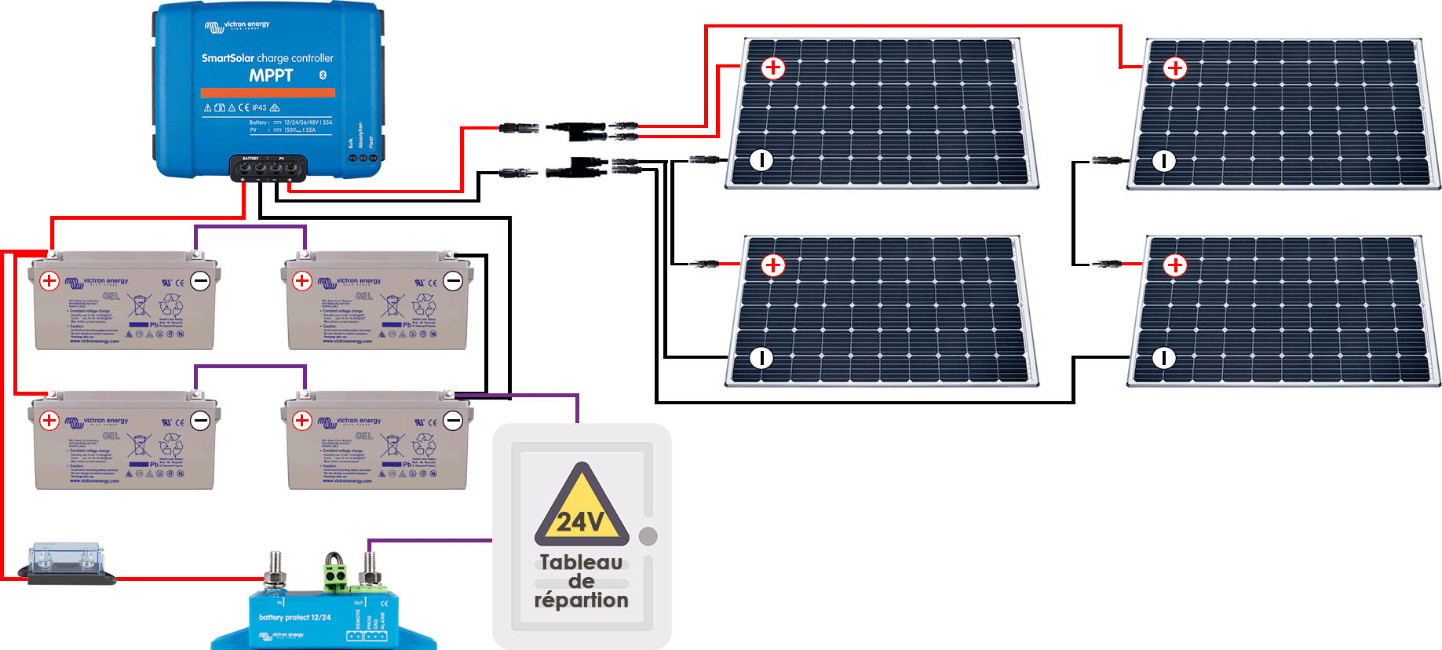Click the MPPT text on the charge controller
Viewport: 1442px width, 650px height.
tap(271, 75)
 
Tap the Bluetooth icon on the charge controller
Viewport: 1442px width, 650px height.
tap(323, 75)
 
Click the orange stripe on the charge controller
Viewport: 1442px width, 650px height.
tap(268, 93)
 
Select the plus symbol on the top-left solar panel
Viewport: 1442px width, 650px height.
tap(773, 68)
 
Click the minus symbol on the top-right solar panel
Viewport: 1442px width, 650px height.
tap(1163, 161)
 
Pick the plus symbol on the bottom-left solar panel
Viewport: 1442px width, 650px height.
tap(773, 265)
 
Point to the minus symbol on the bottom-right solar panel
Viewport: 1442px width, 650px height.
tap(1163, 358)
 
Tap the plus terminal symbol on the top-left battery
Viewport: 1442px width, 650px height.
tap(49, 280)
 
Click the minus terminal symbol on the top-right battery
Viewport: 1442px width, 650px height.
tap(453, 280)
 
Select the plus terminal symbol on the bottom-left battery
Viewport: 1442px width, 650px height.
tap(49, 420)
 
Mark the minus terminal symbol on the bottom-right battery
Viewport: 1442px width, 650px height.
tap(453, 420)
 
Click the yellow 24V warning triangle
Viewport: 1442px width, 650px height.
tap(582, 507)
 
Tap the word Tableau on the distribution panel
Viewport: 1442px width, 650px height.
tap(581, 562)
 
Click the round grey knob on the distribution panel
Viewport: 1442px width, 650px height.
tap(648, 536)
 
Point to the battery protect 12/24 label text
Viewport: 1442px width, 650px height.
tap(294, 618)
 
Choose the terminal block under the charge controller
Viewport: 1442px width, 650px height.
tap(268, 168)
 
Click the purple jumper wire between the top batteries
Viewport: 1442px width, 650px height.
tap(250, 227)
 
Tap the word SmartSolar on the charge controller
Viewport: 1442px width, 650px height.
tap(228, 58)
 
